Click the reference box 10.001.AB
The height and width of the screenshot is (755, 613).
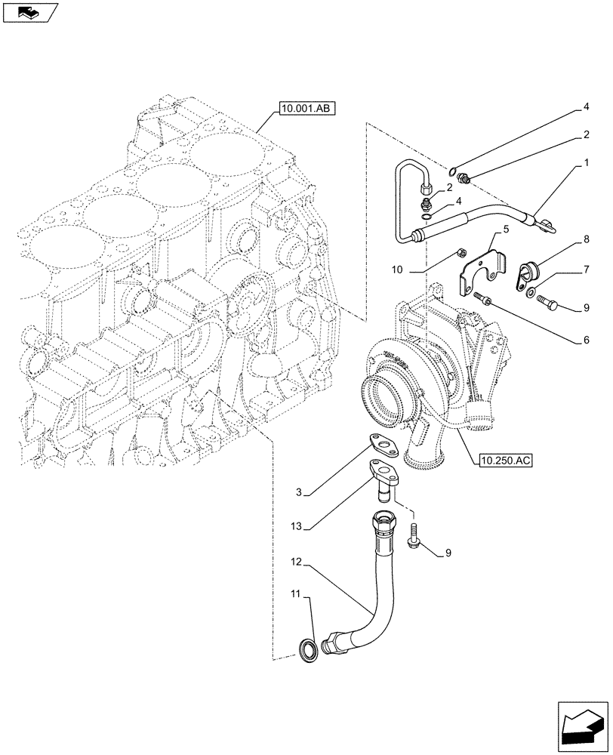(x=306, y=109)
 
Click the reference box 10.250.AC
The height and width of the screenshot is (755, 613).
(x=505, y=460)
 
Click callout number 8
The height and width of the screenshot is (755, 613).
(x=586, y=241)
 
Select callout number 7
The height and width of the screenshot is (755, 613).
(x=586, y=269)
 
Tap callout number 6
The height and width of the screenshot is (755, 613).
(x=586, y=340)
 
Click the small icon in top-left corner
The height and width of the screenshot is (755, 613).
(x=29, y=11)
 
